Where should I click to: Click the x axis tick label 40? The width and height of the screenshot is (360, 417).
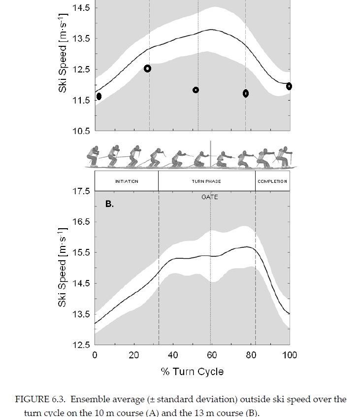point(173,355)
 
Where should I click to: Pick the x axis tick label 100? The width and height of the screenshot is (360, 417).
point(290,355)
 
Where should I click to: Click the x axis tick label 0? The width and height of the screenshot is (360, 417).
point(95,355)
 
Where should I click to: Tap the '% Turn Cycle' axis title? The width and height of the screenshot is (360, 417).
point(192,371)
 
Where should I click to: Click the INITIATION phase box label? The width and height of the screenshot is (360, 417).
point(127,181)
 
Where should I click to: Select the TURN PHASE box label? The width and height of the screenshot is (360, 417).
point(206,181)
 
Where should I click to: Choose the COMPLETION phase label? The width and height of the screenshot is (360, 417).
point(272,181)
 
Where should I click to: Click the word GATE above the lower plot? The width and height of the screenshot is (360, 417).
point(209,197)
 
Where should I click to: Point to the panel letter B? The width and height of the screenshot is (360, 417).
point(109,204)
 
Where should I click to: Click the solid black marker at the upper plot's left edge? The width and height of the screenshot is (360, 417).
point(99,96)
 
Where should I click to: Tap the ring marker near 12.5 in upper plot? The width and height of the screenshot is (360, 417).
point(147,69)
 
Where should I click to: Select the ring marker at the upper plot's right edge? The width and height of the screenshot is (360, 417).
point(289,86)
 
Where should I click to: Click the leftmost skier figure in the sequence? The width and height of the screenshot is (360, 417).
point(93,156)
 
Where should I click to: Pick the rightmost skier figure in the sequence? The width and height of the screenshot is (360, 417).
point(284,155)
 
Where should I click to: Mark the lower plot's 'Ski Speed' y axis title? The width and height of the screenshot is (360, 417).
point(63,267)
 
